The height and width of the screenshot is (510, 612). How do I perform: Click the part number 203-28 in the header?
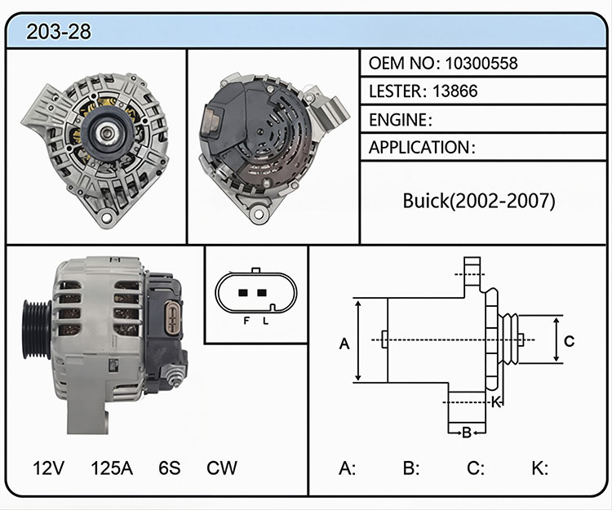point(59,32)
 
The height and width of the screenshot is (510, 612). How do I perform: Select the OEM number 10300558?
point(481,63)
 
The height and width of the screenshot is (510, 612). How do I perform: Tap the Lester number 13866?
point(455,91)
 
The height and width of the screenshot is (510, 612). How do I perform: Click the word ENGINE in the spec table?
point(398,120)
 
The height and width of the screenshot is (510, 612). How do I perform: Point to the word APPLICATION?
point(419,148)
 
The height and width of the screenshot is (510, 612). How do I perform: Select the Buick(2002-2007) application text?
point(479,201)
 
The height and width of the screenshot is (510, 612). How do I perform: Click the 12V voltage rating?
point(48,468)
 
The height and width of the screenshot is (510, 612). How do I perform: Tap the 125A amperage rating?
point(112,468)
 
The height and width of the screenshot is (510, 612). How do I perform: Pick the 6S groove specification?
point(170,468)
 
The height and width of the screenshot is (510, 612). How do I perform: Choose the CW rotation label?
point(222,468)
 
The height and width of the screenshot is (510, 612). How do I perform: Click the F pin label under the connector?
point(246,321)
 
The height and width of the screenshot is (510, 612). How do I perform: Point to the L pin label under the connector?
point(266,321)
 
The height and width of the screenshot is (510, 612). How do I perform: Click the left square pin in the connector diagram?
point(243,293)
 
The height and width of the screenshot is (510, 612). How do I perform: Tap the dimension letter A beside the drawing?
point(344,344)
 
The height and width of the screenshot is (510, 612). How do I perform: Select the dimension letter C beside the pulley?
point(569,341)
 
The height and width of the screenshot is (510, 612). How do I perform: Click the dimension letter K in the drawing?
point(496,402)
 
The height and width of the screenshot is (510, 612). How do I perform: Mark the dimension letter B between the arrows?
point(467,432)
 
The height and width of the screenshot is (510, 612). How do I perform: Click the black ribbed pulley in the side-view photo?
point(37,329)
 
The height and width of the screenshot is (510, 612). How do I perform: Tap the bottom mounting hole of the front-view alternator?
point(106,216)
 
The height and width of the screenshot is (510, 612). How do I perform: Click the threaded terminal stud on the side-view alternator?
point(174,376)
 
